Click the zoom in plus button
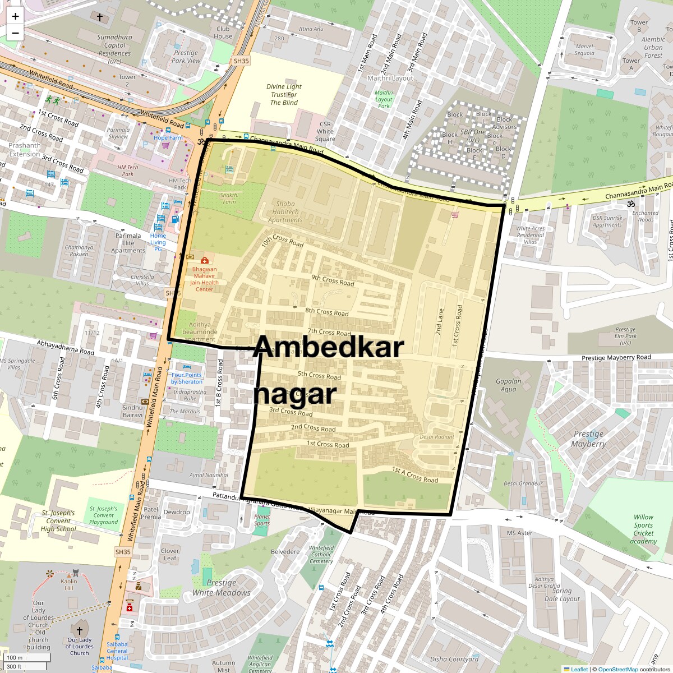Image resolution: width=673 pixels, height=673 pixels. (15, 16)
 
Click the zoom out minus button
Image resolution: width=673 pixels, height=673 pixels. (15, 33)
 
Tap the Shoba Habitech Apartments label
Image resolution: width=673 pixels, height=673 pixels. (285, 212)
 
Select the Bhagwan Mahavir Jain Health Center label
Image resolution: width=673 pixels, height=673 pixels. (204, 279)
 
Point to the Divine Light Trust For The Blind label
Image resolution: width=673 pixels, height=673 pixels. (284, 95)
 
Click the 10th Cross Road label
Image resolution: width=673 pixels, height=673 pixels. (282, 241)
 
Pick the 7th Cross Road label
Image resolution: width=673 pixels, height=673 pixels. (329, 331)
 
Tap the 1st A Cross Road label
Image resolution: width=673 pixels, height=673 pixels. (415, 475)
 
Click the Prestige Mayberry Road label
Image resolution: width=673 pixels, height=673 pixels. (616, 357)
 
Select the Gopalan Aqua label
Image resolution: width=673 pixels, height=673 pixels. (508, 385)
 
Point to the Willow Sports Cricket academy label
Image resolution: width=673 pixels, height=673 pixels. (643, 529)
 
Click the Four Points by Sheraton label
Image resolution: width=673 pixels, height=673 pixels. (187, 378)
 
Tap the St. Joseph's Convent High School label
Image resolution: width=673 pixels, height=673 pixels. (58, 520)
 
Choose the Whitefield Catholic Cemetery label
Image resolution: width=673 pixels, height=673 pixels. (321, 554)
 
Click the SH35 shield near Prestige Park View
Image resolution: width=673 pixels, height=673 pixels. (241, 61)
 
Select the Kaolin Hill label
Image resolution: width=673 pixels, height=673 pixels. (69, 584)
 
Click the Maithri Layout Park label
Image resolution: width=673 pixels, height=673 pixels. (384, 99)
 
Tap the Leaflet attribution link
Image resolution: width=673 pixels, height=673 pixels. (579, 669)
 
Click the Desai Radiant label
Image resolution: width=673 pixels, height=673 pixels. (437, 437)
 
